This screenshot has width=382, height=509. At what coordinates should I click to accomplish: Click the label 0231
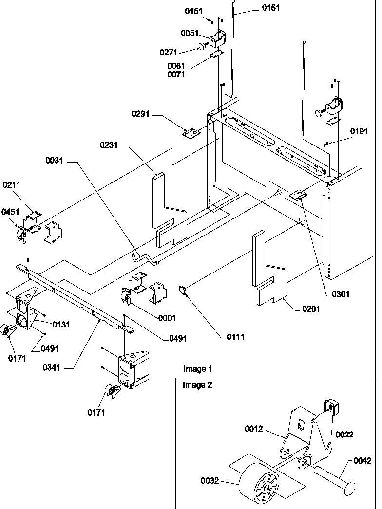coord(111,145)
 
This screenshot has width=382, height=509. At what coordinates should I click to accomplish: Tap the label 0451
coord(10,212)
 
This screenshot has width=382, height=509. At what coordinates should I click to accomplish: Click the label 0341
coord(57,368)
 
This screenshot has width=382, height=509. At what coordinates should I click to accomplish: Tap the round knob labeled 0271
coord(202,46)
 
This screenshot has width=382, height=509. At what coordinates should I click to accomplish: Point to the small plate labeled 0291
coord(191,132)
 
